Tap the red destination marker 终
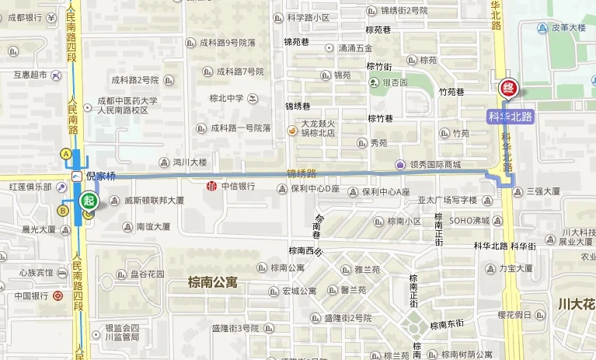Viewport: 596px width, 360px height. click(508, 89)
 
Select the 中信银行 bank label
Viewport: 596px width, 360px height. click(239, 187)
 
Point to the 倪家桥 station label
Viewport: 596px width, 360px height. click(100, 177)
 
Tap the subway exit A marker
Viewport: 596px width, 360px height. click(66, 154)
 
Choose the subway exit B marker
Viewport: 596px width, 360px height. click(64, 210)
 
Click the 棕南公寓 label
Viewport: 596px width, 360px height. click(213, 282)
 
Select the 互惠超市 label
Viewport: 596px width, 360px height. click(30, 75)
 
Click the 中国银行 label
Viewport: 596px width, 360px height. click(31, 296)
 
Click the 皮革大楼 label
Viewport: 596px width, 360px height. click(568, 28)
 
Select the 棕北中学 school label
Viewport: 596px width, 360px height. click(226, 99)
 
